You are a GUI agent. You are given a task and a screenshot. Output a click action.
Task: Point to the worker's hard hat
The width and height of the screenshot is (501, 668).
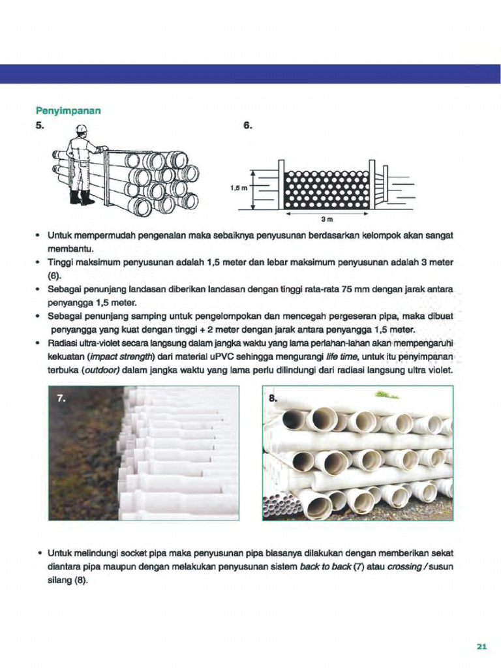(81, 130)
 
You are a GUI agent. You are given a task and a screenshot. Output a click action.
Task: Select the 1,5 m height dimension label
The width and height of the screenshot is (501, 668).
(239, 189)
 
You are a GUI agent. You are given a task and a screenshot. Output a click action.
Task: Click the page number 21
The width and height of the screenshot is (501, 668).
(481, 646)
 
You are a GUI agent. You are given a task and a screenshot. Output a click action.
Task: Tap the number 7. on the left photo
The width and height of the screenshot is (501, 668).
(61, 398)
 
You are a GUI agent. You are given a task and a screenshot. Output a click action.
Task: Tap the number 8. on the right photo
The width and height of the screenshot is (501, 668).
(273, 398)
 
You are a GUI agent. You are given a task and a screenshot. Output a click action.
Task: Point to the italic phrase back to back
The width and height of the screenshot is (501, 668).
(325, 567)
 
